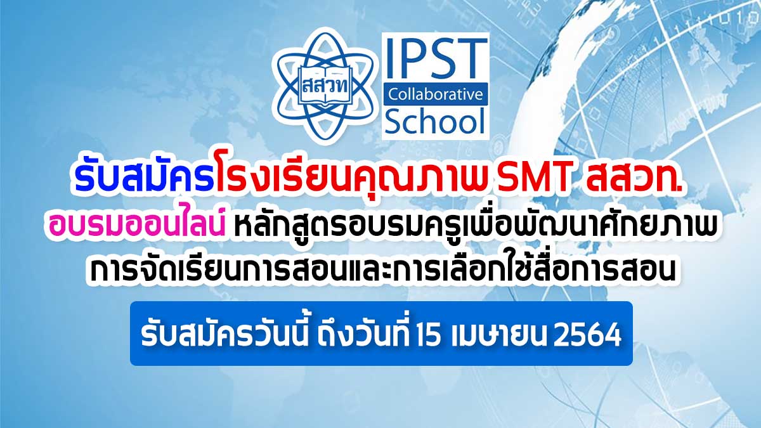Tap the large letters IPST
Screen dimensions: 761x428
coord(436,58)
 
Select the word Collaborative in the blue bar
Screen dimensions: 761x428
coord(436,94)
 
